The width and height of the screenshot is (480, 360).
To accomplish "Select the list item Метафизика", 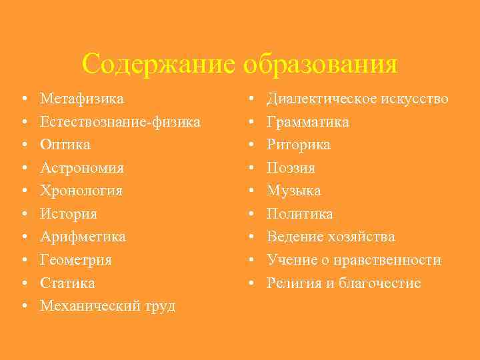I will click(81, 99).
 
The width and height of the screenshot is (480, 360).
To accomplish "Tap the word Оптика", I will click(65, 145).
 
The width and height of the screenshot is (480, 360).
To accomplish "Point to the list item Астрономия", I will click(81, 167).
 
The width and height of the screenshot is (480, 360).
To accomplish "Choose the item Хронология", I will click(81, 191).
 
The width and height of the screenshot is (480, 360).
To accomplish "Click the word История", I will click(68, 214).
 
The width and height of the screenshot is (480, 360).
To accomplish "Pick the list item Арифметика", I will click(83, 237).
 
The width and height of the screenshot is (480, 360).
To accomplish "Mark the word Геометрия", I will click(75, 260).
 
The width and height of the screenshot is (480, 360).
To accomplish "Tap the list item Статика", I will click(67, 283).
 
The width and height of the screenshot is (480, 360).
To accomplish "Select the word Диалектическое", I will click(323, 99).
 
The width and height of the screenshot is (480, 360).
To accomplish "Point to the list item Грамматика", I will click(308, 122).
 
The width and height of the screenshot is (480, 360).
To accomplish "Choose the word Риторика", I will click(299, 145).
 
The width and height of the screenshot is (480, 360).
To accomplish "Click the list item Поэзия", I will click(291, 167).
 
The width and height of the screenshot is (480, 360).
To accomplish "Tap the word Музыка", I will click(294, 191).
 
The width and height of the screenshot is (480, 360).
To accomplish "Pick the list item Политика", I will click(300, 214).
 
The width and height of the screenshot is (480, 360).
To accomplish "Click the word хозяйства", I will click(364, 237).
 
